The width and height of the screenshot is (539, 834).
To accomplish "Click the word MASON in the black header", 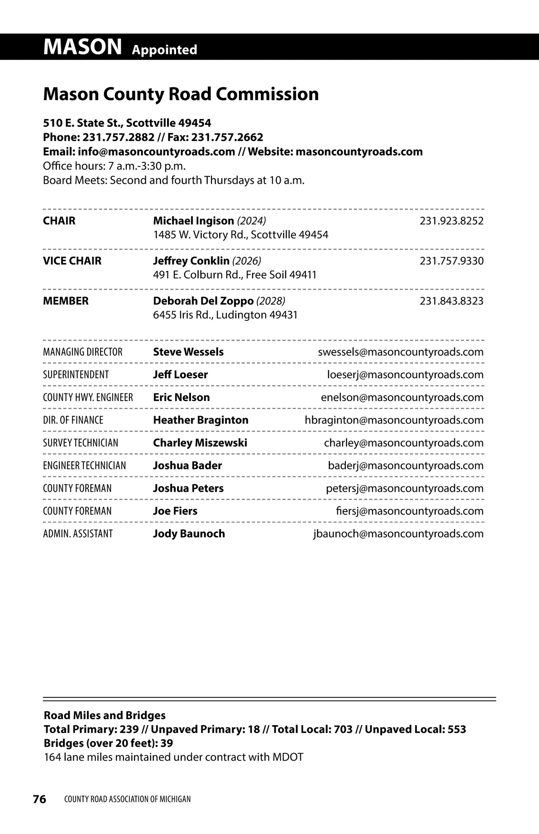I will [x=82, y=47].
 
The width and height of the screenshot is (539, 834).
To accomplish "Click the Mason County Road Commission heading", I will [x=181, y=94].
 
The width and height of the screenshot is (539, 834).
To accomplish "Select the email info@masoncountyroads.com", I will [x=156, y=152].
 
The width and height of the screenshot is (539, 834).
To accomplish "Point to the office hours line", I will [x=114, y=166].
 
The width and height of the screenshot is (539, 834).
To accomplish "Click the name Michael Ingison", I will [x=193, y=221].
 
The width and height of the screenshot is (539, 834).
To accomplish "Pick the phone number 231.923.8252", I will [x=451, y=221].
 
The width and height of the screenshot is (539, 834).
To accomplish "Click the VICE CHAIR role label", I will [x=72, y=261].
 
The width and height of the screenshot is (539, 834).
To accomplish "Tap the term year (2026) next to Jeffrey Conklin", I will [x=247, y=261].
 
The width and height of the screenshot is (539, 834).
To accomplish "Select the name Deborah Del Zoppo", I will [x=203, y=301].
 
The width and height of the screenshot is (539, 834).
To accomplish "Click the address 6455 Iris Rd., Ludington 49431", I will [x=225, y=315].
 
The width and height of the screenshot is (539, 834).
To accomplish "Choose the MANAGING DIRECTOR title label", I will [x=83, y=352].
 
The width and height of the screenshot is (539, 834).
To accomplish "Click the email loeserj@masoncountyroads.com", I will [x=405, y=375].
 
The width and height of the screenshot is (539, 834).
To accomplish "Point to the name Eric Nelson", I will [x=181, y=397].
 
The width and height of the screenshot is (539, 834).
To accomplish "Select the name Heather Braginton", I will [x=200, y=420].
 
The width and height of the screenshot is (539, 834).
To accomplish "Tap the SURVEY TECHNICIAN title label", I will [x=80, y=443].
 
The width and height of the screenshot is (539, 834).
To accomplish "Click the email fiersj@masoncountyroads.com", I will [x=410, y=511].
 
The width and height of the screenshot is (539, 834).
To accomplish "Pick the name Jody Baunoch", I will [x=189, y=534].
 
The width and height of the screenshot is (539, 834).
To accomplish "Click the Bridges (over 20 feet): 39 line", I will [x=108, y=743].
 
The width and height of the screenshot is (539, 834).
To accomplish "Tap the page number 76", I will [x=40, y=799].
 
